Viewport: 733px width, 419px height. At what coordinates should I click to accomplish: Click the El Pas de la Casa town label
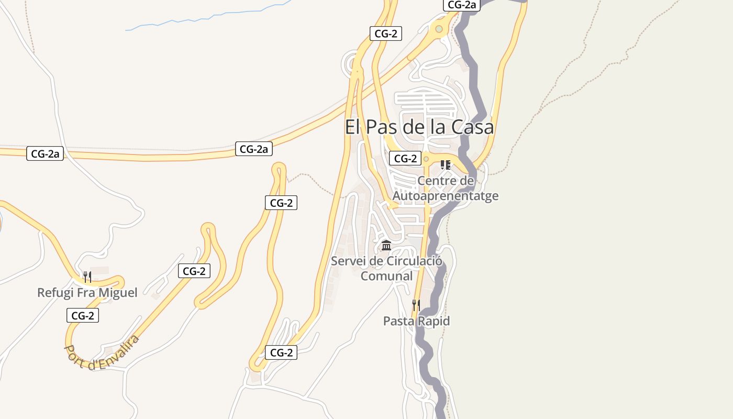click(x=419, y=127)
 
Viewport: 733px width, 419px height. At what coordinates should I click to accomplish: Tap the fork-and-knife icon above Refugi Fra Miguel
click(x=87, y=277)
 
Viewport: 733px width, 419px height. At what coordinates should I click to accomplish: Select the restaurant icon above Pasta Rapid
click(x=416, y=305)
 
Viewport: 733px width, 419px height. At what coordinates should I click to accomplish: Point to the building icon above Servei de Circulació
click(x=386, y=245)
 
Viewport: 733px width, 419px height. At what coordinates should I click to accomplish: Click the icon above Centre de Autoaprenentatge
click(x=446, y=165)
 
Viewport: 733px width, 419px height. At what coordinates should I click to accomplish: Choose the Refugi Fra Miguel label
click(x=87, y=292)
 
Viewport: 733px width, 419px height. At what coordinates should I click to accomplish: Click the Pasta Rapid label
click(x=416, y=321)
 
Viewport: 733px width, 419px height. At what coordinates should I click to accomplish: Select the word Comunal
click(x=386, y=275)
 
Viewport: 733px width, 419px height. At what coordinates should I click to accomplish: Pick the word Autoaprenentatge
click(x=446, y=196)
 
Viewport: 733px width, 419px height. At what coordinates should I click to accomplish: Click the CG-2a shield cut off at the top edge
click(x=461, y=5)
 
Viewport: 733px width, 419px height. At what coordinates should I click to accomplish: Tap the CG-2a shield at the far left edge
click(x=45, y=154)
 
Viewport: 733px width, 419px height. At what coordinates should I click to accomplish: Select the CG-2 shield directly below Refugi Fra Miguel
click(x=83, y=315)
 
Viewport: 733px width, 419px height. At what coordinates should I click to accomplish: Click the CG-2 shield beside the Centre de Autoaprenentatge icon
click(x=405, y=158)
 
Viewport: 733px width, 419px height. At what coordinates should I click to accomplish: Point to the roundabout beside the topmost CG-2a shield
click(x=439, y=29)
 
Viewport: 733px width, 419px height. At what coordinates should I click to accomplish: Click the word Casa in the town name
click(x=473, y=127)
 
